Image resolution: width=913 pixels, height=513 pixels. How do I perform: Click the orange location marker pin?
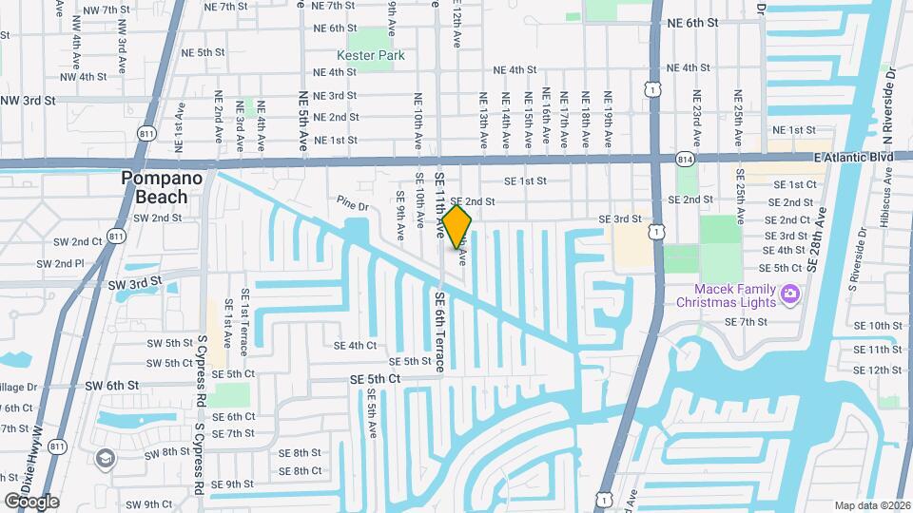(457, 227)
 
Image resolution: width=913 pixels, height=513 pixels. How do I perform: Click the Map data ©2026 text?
(871, 505)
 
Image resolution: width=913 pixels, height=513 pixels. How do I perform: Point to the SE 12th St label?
(877, 370)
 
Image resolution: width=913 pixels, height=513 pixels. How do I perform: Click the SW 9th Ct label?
(146, 503)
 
